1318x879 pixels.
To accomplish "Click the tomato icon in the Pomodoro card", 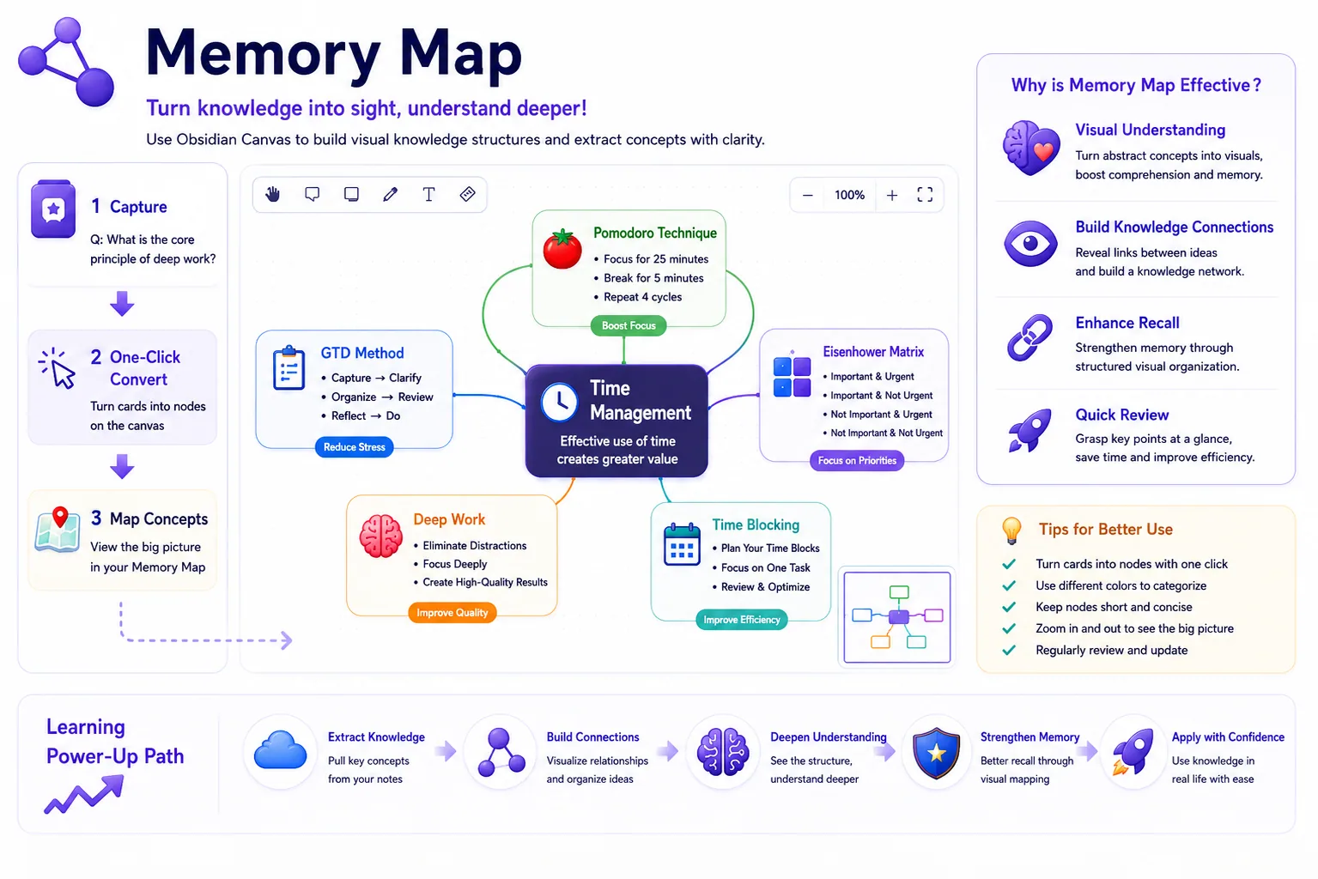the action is click(x=562, y=248).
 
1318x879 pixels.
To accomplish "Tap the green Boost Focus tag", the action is click(x=629, y=325).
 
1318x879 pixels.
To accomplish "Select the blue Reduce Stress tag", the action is click(x=355, y=447).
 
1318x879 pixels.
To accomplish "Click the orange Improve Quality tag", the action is click(x=452, y=613).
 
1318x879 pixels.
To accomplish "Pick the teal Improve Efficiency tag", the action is click(x=741, y=620).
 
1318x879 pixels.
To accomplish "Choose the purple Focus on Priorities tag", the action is click(x=857, y=460).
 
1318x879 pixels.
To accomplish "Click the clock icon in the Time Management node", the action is click(x=559, y=403).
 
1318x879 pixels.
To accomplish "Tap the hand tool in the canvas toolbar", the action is click(x=272, y=194).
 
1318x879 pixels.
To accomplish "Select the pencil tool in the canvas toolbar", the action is click(x=390, y=194).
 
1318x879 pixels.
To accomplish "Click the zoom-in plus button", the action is click(x=892, y=196).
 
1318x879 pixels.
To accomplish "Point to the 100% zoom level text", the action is click(x=849, y=196).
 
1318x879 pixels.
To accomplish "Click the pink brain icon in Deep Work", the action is click(x=381, y=536).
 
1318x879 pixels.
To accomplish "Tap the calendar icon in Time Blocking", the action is click(x=682, y=545).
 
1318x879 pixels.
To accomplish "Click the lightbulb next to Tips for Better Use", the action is click(x=1011, y=530).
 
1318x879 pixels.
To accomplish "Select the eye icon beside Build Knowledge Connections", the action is click(x=1030, y=244).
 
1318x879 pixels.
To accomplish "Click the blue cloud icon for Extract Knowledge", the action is click(x=280, y=749).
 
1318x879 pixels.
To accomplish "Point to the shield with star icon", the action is click(x=936, y=753).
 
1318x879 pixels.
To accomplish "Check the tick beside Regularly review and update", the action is click(x=1009, y=650).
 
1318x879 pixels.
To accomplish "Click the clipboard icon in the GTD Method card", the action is click(x=289, y=368).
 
